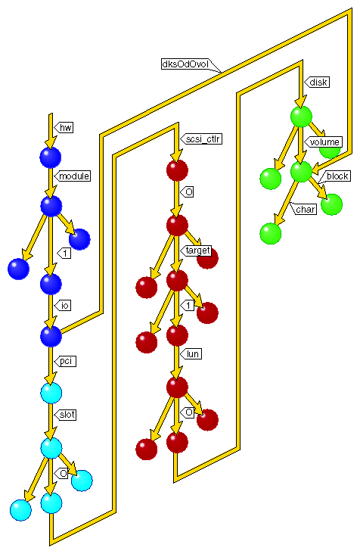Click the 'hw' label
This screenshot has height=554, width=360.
pyautogui.click(x=66, y=126)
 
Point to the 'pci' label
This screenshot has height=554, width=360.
pyautogui.click(x=66, y=362)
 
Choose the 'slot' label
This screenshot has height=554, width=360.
pyautogui.click(x=68, y=415)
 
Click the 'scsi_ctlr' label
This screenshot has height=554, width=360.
pyautogui.click(x=203, y=138)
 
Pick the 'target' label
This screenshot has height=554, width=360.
pyautogui.click(x=197, y=251)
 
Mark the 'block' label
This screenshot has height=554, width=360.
pyautogui.click(x=337, y=176)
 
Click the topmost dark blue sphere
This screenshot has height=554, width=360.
pyautogui.click(x=50, y=157)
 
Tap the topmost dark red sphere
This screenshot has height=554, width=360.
pyautogui.click(x=176, y=170)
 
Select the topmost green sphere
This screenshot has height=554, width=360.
pyautogui.click(x=301, y=117)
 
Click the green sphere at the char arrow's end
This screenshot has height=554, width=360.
pyautogui.click(x=270, y=233)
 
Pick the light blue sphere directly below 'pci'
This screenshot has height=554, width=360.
pyautogui.click(x=50, y=393)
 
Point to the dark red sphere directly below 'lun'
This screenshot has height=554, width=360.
pyautogui.click(x=176, y=387)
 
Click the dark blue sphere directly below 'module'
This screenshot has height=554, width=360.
pyautogui.click(x=50, y=206)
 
